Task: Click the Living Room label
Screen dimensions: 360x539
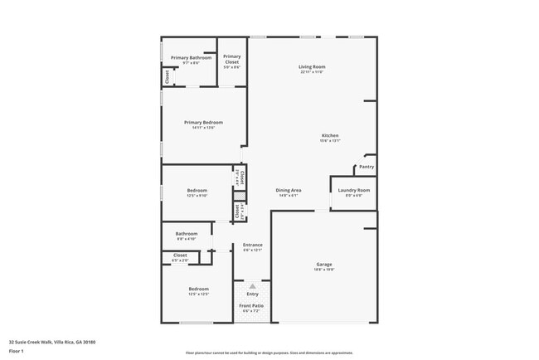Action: [x=312, y=66]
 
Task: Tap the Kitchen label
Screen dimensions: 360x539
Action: [x=330, y=135]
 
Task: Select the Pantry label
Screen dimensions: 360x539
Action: [x=367, y=167]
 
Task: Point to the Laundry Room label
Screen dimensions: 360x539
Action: [x=354, y=190]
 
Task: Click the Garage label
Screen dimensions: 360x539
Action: [x=323, y=265]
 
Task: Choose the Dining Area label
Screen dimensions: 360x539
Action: [x=289, y=190]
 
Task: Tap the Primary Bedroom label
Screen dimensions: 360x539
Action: [x=203, y=122]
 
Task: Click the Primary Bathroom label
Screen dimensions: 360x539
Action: [x=185, y=57]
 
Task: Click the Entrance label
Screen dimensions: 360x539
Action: [x=252, y=245]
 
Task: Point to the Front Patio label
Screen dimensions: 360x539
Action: [x=252, y=306]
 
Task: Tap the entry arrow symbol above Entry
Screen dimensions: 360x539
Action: [x=252, y=285]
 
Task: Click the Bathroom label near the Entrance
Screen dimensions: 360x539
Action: [x=186, y=233]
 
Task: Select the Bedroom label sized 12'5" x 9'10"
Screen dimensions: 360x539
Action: [x=197, y=191]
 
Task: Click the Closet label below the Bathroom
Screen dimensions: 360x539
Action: [x=180, y=255]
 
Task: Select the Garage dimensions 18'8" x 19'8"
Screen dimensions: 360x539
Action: [x=323, y=270]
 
